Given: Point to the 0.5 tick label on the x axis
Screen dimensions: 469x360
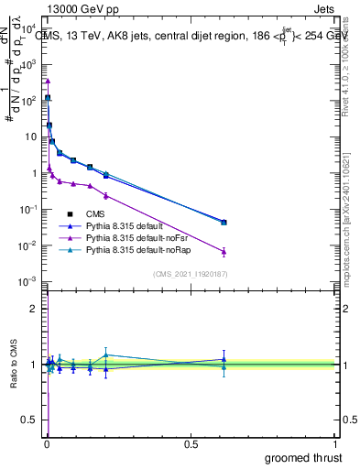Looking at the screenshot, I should (x=191, y=444).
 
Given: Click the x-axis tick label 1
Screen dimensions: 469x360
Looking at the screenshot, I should (x=335, y=444).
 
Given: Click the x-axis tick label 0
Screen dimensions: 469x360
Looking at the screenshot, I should (x=47, y=444).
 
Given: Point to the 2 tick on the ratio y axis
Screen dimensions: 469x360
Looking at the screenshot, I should (x=34, y=309).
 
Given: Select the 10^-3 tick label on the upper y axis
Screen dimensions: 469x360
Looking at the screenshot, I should (x=28, y=281).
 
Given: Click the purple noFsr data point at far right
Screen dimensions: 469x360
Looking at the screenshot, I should (x=224, y=251).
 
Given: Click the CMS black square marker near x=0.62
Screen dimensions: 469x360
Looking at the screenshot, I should (x=224, y=222).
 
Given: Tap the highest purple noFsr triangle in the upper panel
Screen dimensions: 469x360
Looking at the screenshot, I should (x=48, y=81).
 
